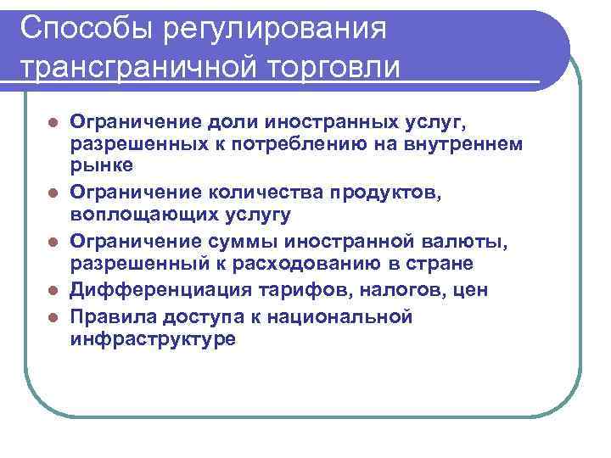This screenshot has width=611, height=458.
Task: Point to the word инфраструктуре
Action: click(153, 338)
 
